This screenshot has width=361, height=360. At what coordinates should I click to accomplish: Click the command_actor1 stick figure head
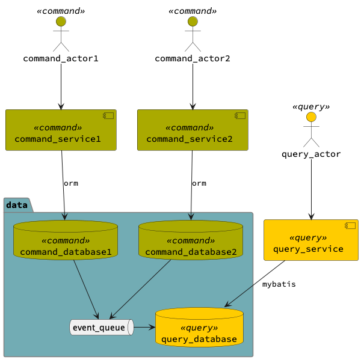pyautogui.click(x=60, y=22)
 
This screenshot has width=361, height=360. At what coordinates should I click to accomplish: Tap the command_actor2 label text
pyautogui.click(x=193, y=58)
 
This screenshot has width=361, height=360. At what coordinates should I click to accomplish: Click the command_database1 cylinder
pyautogui.click(x=65, y=240)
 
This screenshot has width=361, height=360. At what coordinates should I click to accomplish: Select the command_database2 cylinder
pyautogui.click(x=191, y=240)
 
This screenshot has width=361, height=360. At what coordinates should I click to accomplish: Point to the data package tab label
pyautogui.click(x=17, y=206)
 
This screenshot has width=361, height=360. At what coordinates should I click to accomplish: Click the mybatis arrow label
pyautogui.click(x=279, y=284)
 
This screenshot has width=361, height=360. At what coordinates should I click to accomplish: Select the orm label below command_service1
pyautogui.click(x=70, y=183)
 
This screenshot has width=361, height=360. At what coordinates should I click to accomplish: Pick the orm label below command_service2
pyautogui.click(x=199, y=183)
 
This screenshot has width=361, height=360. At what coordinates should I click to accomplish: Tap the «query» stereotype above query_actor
pyautogui.click(x=311, y=106)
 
